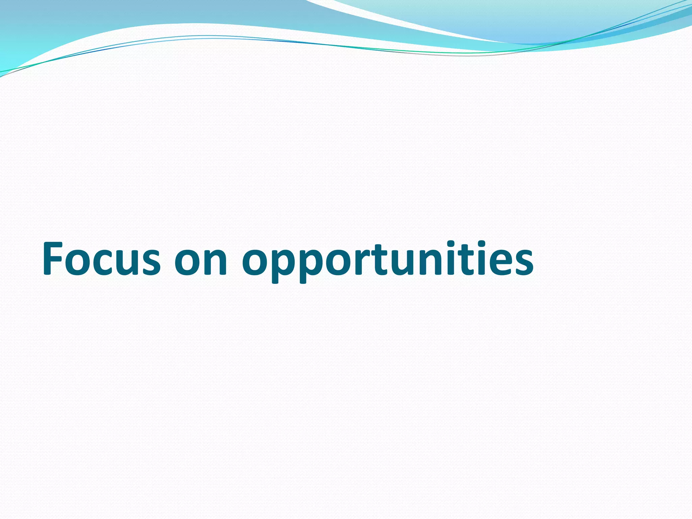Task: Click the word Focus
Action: pos(101,258)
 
